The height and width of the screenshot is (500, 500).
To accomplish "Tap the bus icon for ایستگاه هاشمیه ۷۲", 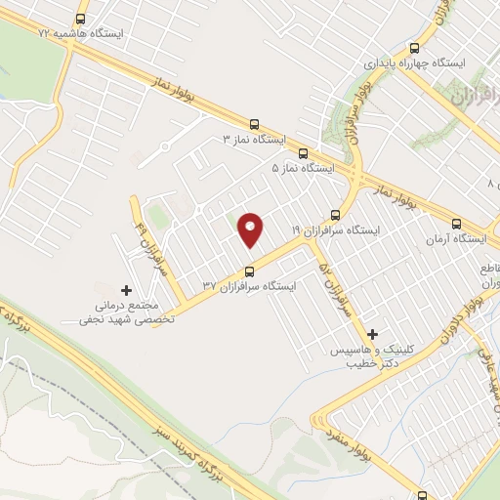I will (79, 18).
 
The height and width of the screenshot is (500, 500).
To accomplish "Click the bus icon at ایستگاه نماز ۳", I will (255, 124).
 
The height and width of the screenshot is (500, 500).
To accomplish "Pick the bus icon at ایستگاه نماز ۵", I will (303, 153).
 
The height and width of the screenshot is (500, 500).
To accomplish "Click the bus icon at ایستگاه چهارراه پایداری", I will (415, 47).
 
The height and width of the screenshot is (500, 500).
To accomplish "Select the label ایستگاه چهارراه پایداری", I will (413, 62).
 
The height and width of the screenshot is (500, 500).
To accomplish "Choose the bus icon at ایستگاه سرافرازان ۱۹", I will (337, 215).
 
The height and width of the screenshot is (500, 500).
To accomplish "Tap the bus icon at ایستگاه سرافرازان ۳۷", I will (249, 271).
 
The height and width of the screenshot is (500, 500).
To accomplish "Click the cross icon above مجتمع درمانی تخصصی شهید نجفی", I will (125, 290).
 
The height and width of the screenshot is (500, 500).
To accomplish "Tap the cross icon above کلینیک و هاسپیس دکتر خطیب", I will (373, 334).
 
